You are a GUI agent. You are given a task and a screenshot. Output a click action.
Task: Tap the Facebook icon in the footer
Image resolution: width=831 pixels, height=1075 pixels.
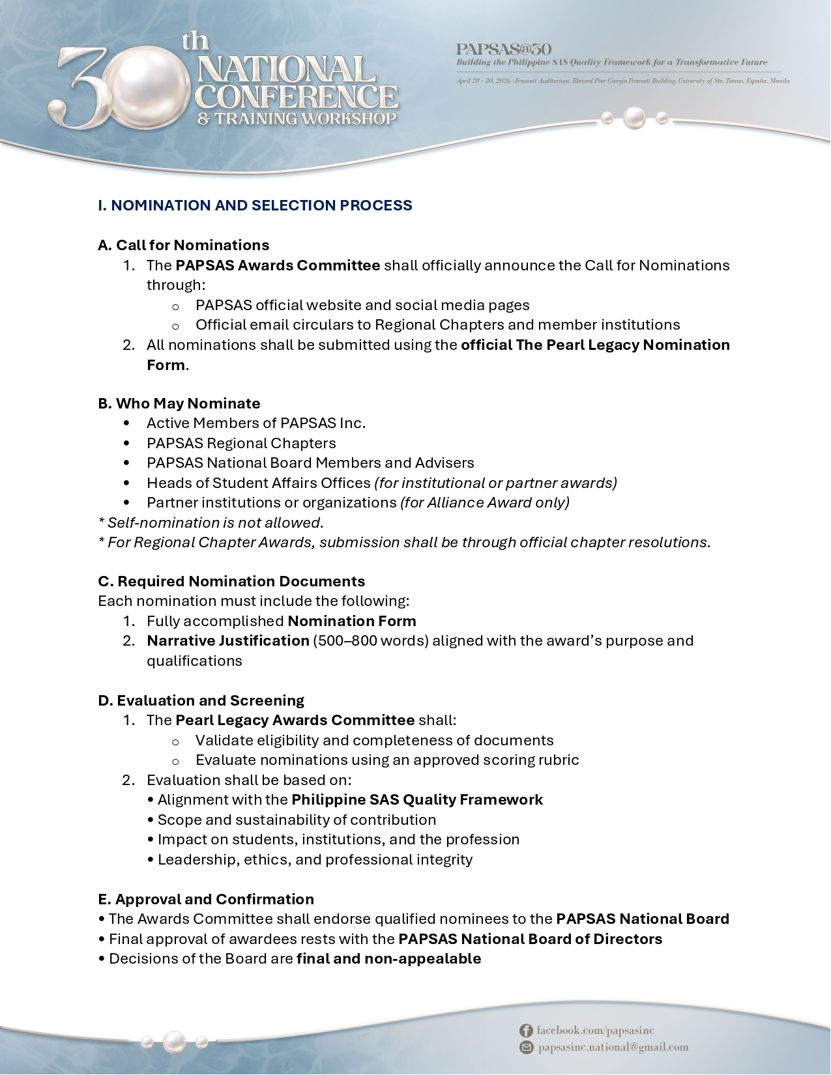click(526, 1030)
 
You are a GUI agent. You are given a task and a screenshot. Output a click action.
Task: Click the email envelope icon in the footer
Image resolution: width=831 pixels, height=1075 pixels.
click(526, 1047)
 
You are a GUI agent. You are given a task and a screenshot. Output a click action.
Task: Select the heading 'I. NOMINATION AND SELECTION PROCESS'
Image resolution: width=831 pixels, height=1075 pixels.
click(255, 205)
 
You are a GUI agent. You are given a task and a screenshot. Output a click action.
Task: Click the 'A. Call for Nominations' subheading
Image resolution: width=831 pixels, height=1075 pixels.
click(183, 245)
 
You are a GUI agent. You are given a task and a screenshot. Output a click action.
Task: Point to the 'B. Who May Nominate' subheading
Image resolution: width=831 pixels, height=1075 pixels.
click(179, 403)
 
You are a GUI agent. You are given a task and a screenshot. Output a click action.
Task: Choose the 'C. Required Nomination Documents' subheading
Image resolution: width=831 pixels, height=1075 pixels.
click(231, 581)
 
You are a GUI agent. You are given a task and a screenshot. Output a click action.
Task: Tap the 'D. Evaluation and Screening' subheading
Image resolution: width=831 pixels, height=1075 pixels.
click(201, 700)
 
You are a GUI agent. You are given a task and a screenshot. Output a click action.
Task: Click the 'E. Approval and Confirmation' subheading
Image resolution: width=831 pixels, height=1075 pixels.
click(206, 899)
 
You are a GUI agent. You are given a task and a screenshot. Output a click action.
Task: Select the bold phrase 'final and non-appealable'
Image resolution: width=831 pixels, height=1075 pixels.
click(388, 958)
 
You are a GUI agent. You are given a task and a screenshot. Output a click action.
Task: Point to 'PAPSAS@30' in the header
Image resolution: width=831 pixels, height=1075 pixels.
click(504, 49)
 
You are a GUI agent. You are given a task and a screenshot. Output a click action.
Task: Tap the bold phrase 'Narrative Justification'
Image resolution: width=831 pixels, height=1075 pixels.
click(227, 640)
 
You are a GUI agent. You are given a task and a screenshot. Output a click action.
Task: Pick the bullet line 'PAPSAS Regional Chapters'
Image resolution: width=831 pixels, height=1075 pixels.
click(241, 443)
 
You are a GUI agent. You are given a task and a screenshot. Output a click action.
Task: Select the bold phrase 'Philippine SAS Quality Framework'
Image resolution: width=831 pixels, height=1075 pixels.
click(417, 799)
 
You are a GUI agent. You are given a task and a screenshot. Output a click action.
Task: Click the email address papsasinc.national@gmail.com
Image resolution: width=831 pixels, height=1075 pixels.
click(613, 1047)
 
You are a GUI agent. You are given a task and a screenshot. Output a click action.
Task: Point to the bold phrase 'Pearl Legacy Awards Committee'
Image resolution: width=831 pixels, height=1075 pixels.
click(295, 720)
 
